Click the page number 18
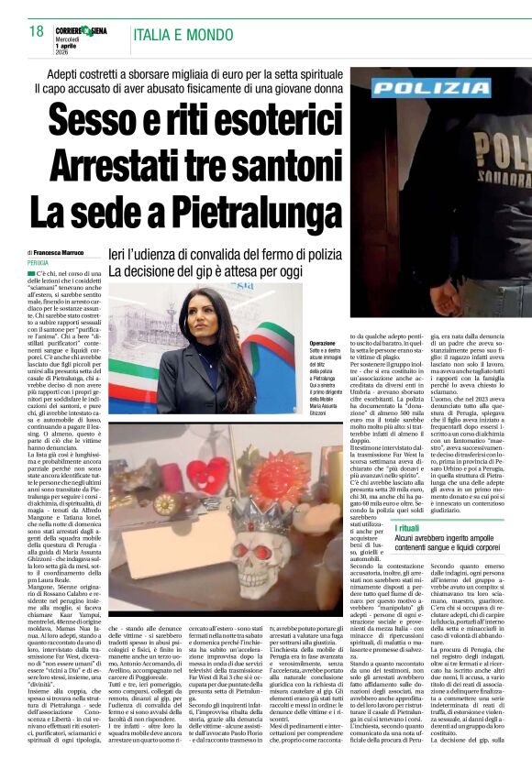(36, 33)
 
